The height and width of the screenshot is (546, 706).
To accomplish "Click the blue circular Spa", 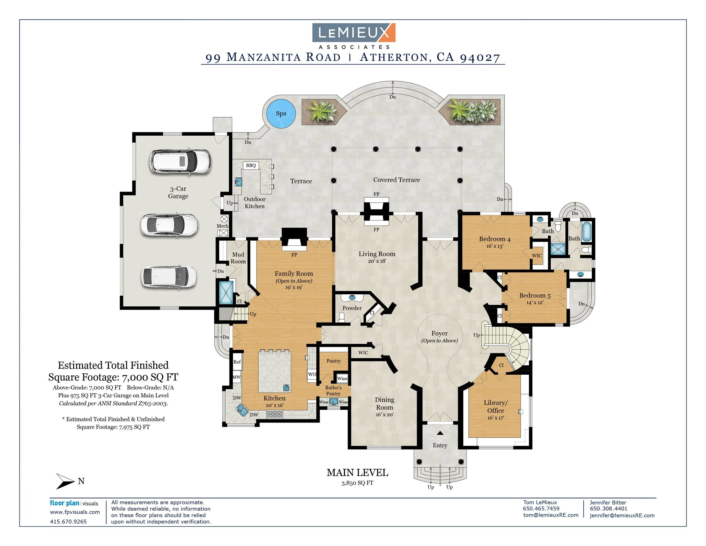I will (281, 113).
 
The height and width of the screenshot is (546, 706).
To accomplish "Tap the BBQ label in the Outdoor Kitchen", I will (251, 165).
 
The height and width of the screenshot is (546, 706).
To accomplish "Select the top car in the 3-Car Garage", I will (180, 161).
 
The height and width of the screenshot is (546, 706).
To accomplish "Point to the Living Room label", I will (377, 254).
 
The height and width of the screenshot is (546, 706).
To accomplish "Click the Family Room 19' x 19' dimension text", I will (293, 287).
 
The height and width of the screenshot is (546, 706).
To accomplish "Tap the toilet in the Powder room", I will (342, 317).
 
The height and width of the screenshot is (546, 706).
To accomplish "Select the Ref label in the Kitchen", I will (237, 362).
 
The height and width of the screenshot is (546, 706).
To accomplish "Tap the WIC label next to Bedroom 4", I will (537, 255).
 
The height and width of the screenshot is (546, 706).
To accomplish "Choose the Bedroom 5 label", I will (535, 295).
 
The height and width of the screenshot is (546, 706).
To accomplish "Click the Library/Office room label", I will (496, 407).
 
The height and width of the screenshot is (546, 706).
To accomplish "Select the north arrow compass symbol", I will (66, 481).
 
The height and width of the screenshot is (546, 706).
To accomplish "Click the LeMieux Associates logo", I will (354, 36).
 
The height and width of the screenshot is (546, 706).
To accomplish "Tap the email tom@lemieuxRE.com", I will (550, 515).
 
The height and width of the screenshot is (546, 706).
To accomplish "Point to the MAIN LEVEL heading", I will (357, 473).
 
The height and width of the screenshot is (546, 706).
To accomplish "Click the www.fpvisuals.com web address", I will (75, 512).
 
